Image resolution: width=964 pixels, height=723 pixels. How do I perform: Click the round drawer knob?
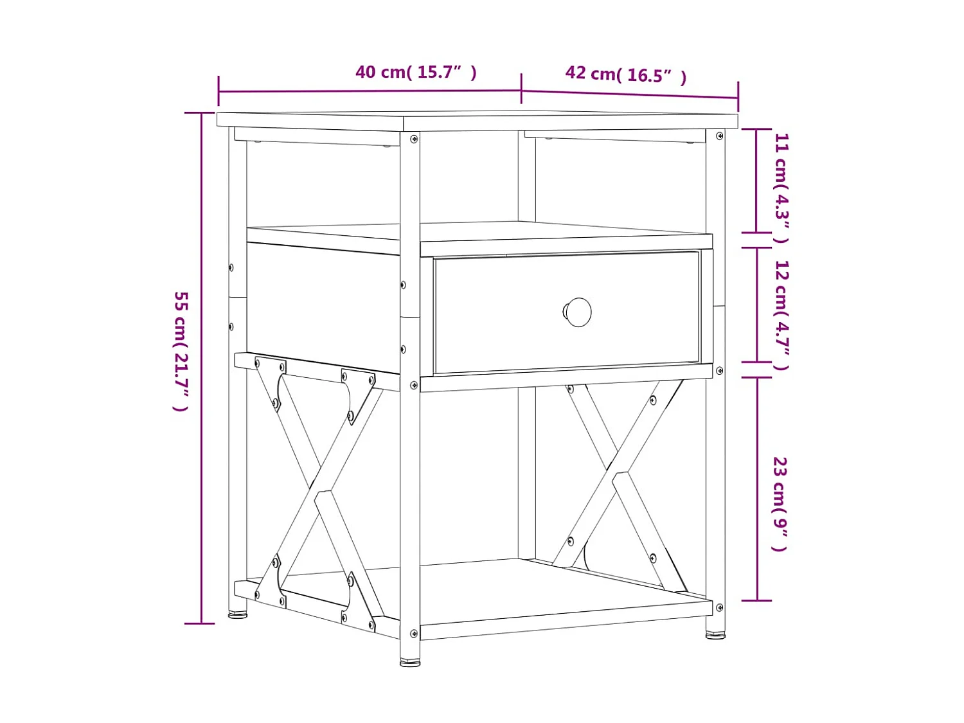click(578, 312)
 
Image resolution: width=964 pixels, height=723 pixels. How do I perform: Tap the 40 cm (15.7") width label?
click(416, 72)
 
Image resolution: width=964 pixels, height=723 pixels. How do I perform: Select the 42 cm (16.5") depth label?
click(625, 75)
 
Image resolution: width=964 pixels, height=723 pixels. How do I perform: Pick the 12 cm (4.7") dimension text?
click(781, 315)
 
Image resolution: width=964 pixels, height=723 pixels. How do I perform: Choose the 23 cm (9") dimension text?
click(780, 504)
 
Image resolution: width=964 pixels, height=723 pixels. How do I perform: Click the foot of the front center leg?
click(410, 661)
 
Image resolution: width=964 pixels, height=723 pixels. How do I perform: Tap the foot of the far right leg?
click(715, 635)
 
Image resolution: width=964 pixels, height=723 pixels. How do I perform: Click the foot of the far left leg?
click(238, 614)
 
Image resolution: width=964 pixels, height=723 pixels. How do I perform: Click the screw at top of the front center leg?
click(414, 139)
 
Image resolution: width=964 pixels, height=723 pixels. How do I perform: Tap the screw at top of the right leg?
click(719, 136)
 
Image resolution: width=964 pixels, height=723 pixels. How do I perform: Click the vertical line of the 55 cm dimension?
click(202, 366)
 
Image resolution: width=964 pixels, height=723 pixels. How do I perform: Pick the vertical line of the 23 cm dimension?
click(757, 488)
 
